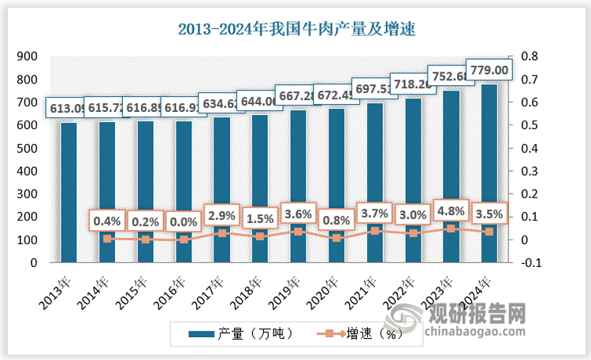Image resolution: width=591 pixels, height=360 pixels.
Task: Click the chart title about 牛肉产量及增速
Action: [295, 30]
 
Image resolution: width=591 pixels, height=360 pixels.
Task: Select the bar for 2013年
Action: [69, 193]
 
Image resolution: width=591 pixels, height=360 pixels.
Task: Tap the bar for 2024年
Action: [488, 173]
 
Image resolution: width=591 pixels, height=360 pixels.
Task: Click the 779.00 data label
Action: [488, 70]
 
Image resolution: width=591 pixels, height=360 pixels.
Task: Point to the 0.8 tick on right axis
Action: [529, 57]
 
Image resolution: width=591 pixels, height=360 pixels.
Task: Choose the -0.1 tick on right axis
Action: [529, 262]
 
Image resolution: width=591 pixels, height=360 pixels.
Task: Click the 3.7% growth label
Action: [374, 213]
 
